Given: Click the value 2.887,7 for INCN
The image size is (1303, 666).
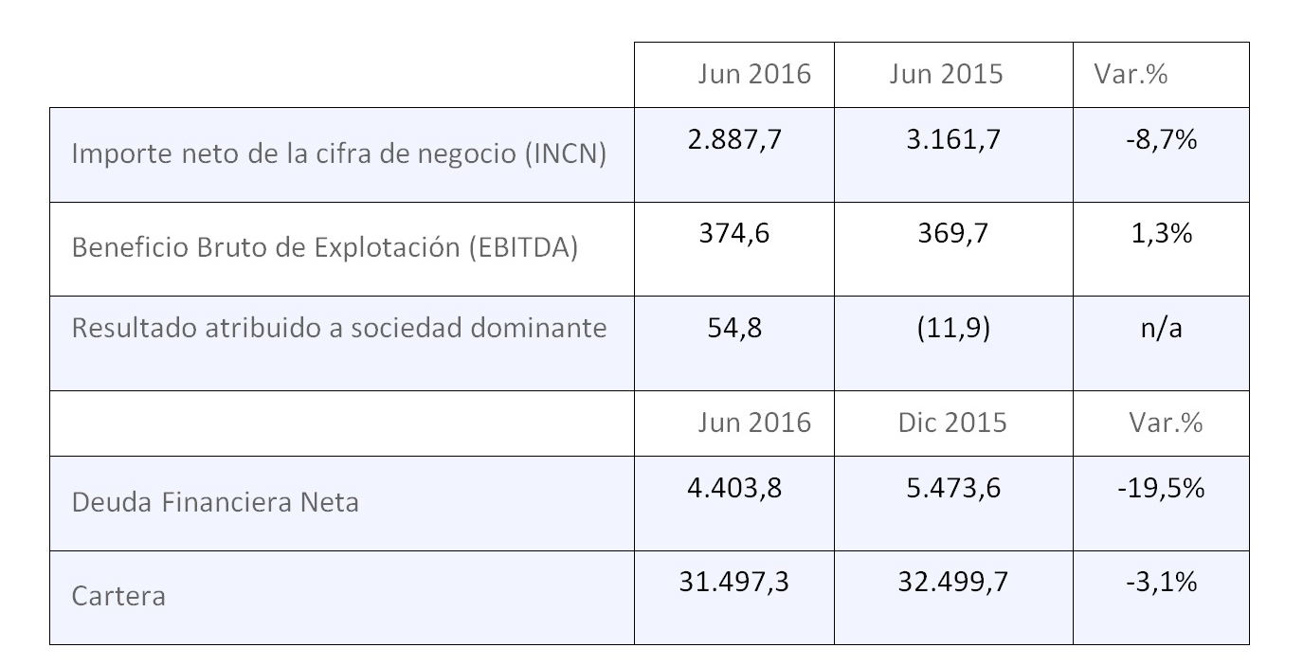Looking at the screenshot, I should [733, 140].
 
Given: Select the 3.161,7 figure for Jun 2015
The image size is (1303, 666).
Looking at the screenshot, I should [952, 140].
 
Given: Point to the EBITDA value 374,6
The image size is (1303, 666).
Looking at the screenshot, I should [734, 234].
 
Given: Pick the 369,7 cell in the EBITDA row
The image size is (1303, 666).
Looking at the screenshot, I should [952, 234].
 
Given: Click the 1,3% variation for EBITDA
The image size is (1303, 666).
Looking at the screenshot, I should [1161, 234].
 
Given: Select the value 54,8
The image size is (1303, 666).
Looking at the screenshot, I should [734, 328].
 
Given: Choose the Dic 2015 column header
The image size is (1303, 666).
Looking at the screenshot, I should [951, 422].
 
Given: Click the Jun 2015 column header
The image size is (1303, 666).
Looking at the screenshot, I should [946, 74].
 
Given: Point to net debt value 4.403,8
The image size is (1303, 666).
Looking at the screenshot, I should [733, 488].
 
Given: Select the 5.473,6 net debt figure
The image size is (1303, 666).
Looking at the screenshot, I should [952, 488].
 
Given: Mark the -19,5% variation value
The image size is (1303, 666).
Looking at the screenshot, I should [1161, 488].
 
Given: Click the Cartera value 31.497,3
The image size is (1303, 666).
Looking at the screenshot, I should [733, 582].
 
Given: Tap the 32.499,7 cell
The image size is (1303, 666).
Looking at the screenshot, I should [952, 582].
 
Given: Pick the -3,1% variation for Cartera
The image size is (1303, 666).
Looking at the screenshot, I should [1161, 582].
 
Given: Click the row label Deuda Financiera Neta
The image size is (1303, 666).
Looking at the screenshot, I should [215, 501].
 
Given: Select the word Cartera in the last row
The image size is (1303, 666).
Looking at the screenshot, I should [118, 596].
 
